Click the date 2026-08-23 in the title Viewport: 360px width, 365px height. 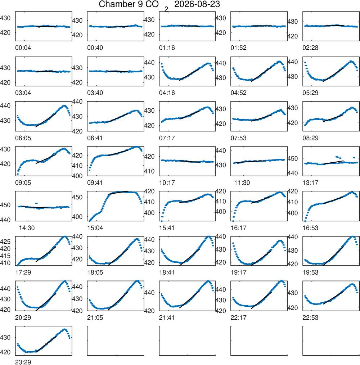tap(197, 4)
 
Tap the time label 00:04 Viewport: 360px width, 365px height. tap(23, 48)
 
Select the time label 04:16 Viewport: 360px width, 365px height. tap(167, 93)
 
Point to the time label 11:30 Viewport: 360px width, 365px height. tap(242, 183)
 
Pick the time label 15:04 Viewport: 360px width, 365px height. tap(95, 228)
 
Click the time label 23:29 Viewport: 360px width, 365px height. tap(23, 362)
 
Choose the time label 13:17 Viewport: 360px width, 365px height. tap(310, 183)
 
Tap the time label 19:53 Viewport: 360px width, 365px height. tap(310, 272)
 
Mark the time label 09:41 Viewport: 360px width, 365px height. tap(95, 183)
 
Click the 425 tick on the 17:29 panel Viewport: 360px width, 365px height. tap(5, 242)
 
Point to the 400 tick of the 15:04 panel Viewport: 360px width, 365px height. tap(77, 217)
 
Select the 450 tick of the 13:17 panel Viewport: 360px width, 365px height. tap(292, 158)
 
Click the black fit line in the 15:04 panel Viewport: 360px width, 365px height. tap(118, 193)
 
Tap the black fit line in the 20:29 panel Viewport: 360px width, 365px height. tap(46, 302)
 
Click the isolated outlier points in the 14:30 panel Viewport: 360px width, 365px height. tap(36, 203)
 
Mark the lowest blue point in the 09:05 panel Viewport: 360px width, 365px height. tap(18, 174)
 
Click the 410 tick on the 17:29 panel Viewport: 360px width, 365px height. tap(5, 263)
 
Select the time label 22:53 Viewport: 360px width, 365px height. tap(310, 317)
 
